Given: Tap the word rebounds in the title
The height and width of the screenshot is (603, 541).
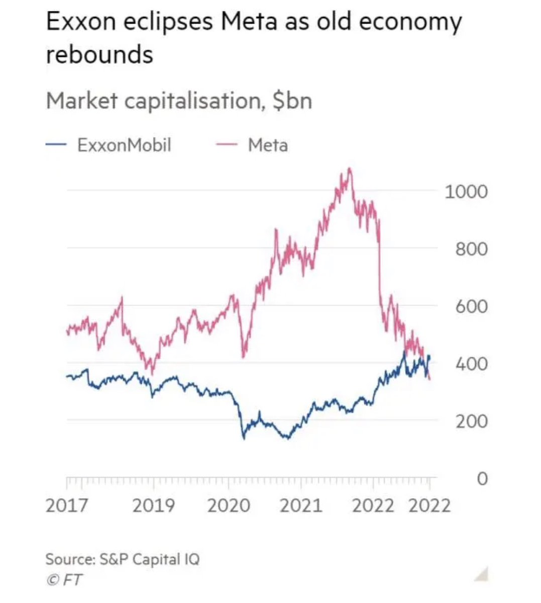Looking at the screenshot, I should click(x=99, y=54).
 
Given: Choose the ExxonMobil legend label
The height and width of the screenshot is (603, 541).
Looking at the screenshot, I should click(x=124, y=145).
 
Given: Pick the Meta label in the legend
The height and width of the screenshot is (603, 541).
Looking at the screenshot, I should click(x=268, y=145).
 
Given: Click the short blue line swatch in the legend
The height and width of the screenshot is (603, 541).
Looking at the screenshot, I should click(x=56, y=145).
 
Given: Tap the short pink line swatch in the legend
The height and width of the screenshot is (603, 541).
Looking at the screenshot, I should click(x=227, y=145).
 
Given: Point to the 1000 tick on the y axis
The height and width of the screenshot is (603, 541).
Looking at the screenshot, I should click(x=466, y=191).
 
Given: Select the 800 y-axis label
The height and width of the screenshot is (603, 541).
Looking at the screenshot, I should click(x=471, y=249).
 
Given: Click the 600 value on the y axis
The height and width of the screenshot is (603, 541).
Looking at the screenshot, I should click(x=471, y=306).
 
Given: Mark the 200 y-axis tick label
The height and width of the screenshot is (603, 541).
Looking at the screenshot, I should click(x=471, y=421).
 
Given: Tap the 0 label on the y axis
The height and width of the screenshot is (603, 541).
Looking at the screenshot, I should click(x=481, y=479).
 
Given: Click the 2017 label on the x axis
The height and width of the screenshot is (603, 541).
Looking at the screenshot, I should click(x=66, y=505).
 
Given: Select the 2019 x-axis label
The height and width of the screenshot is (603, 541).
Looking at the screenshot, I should click(x=153, y=505).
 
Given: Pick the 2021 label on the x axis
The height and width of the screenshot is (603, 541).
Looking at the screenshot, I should click(x=300, y=505).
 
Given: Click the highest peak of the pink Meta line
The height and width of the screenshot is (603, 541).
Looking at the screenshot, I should click(x=350, y=169).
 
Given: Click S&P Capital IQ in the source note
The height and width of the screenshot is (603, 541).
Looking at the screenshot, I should click(x=149, y=559).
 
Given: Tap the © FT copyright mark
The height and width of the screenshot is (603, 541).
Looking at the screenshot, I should click(x=64, y=579).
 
